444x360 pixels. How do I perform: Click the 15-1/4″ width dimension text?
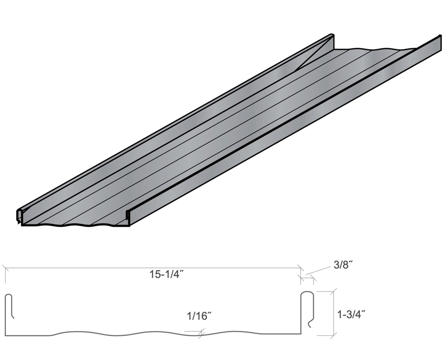tap(166, 273)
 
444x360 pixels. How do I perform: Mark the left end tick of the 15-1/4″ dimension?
tap(5, 267)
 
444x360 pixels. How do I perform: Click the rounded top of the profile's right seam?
tap(308, 293)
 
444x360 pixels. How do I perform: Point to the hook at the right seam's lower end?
tap(311, 324)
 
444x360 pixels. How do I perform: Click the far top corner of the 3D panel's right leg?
tap(439, 37)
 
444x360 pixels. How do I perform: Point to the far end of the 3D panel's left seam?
tap(332, 36)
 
